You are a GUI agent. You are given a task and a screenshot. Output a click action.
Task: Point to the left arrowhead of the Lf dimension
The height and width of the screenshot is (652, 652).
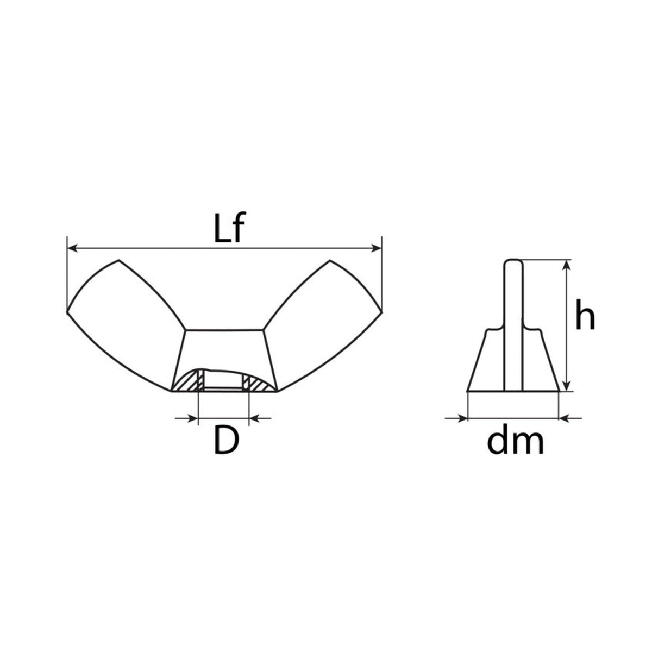(x=73, y=248)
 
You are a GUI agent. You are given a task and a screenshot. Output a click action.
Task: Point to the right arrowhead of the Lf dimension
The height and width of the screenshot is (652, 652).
(x=376, y=248)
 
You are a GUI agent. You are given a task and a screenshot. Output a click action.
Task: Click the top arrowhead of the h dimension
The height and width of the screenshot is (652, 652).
(x=566, y=265)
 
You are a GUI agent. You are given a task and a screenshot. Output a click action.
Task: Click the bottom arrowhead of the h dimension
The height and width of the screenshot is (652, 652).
(x=566, y=385)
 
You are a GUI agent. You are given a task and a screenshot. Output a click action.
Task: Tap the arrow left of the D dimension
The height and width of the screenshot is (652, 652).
(x=186, y=418)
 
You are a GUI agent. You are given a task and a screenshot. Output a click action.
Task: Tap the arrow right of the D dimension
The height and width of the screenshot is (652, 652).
(x=260, y=418)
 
